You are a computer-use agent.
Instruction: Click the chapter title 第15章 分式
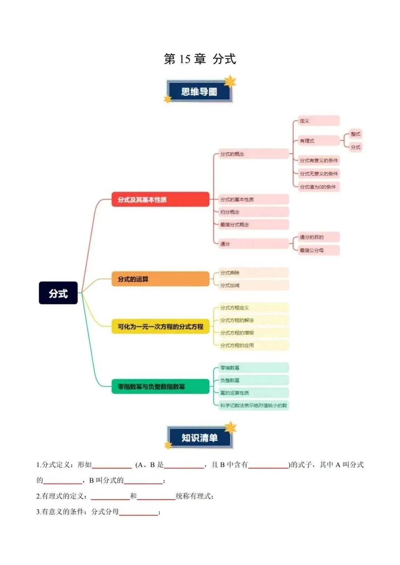(200, 59)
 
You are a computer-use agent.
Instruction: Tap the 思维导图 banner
(199, 91)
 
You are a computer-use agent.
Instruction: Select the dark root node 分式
(58, 293)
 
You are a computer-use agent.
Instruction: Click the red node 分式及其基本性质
(160, 200)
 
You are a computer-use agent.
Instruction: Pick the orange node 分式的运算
(160, 279)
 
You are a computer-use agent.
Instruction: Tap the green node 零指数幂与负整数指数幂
(160, 387)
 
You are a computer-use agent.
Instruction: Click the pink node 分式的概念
(251, 154)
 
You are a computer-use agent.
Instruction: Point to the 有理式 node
(319, 141)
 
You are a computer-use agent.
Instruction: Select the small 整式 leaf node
(355, 134)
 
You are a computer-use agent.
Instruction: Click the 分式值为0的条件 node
(319, 187)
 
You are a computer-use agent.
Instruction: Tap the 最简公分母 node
(319, 250)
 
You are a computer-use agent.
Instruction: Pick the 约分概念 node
(252, 212)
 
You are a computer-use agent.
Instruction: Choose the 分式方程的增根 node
(252, 333)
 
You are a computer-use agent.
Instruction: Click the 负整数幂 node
(252, 380)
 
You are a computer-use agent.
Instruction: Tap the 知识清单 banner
(199, 438)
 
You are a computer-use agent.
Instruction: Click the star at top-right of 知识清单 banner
(231, 427)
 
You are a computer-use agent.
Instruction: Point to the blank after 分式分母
(139, 512)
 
